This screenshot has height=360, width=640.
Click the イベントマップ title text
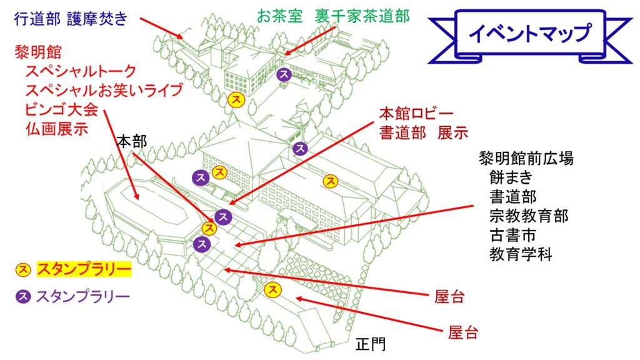point(529,34)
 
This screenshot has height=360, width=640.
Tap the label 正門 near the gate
point(371,344)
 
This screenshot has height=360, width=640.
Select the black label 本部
point(131,142)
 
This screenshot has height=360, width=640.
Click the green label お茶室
point(279,16)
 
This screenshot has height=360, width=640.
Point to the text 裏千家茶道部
point(362,16)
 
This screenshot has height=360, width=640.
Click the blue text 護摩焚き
point(98,19)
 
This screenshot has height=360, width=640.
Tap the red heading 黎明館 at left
point(38,52)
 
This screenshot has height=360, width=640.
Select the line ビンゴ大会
point(62,109)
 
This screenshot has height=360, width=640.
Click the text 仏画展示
point(57,129)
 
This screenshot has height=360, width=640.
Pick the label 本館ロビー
point(416,114)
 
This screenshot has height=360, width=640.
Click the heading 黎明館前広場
point(526,158)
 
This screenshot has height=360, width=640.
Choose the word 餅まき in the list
point(511,177)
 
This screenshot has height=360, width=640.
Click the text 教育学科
point(521,255)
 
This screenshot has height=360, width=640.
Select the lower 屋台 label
point(463,332)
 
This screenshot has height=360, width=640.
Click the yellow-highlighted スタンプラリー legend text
point(84,269)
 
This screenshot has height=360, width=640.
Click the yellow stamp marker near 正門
point(272,289)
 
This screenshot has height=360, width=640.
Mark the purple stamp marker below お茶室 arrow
point(284,75)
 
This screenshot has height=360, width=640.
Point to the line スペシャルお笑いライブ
point(104,90)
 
